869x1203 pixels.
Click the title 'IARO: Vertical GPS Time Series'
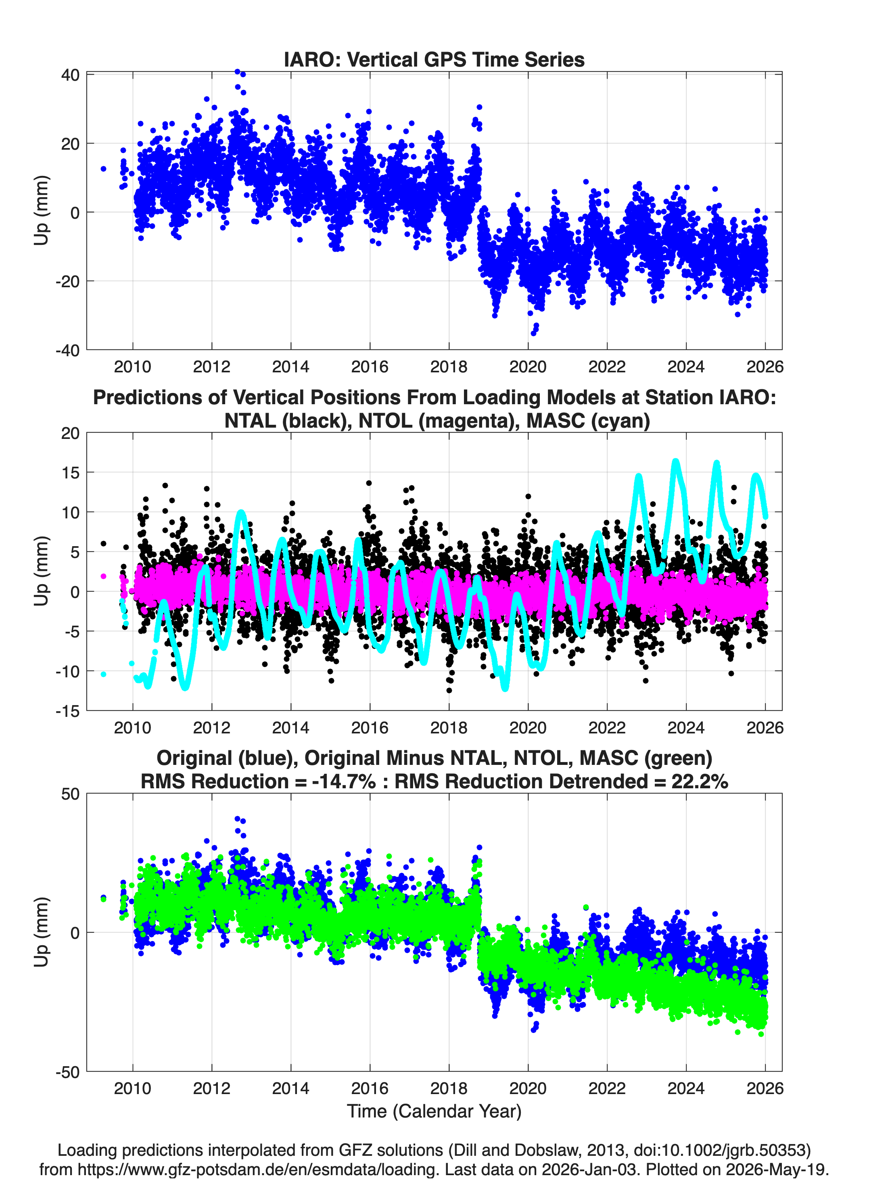[x=434, y=59]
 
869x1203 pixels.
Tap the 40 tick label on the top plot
[x=70, y=75]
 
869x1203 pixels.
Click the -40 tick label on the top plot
[x=67, y=350]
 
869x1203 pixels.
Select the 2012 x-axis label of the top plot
[x=212, y=367]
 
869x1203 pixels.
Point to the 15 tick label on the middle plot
[x=71, y=472]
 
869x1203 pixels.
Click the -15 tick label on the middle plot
[x=67, y=711]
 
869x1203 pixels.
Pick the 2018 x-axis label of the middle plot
[x=449, y=727]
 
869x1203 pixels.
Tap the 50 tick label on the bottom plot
[x=70, y=794]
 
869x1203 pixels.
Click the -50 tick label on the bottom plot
[x=67, y=1072]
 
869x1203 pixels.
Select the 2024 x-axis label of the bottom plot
[x=686, y=1088]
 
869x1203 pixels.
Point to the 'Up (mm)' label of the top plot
[x=42, y=211]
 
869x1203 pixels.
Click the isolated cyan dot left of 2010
[x=103, y=674]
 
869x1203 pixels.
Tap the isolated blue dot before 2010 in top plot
[x=103, y=169]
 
